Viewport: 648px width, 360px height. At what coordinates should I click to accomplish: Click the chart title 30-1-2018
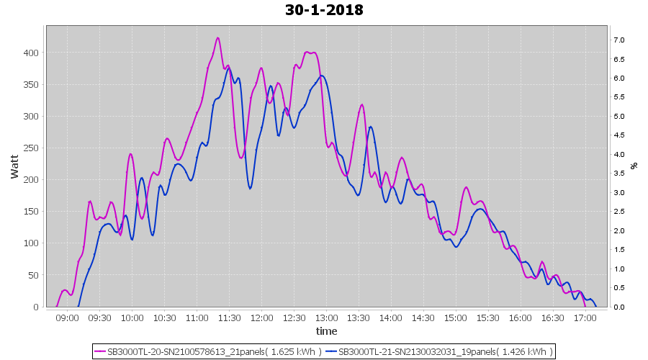pos(324,10)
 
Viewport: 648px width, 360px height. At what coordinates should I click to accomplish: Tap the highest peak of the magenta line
pos(217,38)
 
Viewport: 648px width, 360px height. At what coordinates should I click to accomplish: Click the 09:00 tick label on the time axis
pos(67,318)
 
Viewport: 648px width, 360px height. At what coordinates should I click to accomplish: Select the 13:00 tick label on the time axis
pos(326,318)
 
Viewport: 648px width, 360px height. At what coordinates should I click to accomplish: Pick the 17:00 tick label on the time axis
pos(585,318)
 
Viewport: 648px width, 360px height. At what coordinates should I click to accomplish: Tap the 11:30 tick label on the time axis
pos(229,318)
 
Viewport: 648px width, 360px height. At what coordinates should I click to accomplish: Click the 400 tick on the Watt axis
pos(32,53)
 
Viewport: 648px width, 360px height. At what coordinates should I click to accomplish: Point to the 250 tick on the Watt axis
pos(32,148)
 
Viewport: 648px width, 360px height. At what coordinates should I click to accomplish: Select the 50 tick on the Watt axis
pos(34,275)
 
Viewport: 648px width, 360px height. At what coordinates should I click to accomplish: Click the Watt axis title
pos(14,166)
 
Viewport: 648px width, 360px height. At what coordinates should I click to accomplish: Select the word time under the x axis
pos(326,331)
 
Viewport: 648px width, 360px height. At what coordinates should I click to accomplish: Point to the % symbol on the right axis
pos(634,166)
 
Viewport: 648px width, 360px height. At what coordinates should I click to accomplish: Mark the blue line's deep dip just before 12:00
pos(250,189)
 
